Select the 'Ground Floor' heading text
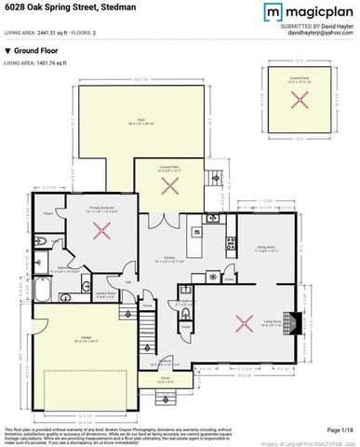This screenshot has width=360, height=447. (x=35, y=51)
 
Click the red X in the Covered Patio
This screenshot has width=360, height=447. (x=168, y=185)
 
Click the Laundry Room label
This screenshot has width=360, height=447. (x=104, y=297)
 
